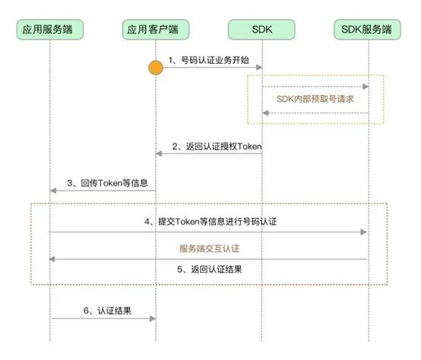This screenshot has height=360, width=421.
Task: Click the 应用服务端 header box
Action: pyautogui.click(x=50, y=30)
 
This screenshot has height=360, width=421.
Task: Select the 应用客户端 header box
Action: pyautogui.click(x=156, y=30)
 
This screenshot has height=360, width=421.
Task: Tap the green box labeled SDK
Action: pyautogui.click(x=262, y=30)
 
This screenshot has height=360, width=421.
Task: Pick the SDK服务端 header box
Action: pyautogui.click(x=367, y=30)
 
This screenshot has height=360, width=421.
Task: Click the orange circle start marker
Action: pyautogui.click(x=156, y=68)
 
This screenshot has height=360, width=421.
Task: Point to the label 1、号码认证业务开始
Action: pyautogui.click(x=209, y=59)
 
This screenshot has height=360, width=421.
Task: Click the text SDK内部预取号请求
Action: pyautogui.click(x=315, y=99)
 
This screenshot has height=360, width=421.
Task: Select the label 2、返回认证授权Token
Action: pyautogui.click(x=217, y=146)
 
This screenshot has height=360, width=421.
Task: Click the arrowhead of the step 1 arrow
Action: pyautogui.click(x=258, y=68)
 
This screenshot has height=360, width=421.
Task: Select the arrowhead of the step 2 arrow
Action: pyautogui.click(x=160, y=154)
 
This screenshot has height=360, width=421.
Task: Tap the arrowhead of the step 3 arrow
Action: pyautogui.click(x=54, y=191)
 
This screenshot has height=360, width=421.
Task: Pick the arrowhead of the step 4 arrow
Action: pyautogui.click(x=363, y=232)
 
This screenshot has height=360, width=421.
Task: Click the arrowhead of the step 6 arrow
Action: pyautogui.click(x=152, y=319)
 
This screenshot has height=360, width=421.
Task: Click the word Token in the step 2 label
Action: pyautogui.click(x=249, y=146)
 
